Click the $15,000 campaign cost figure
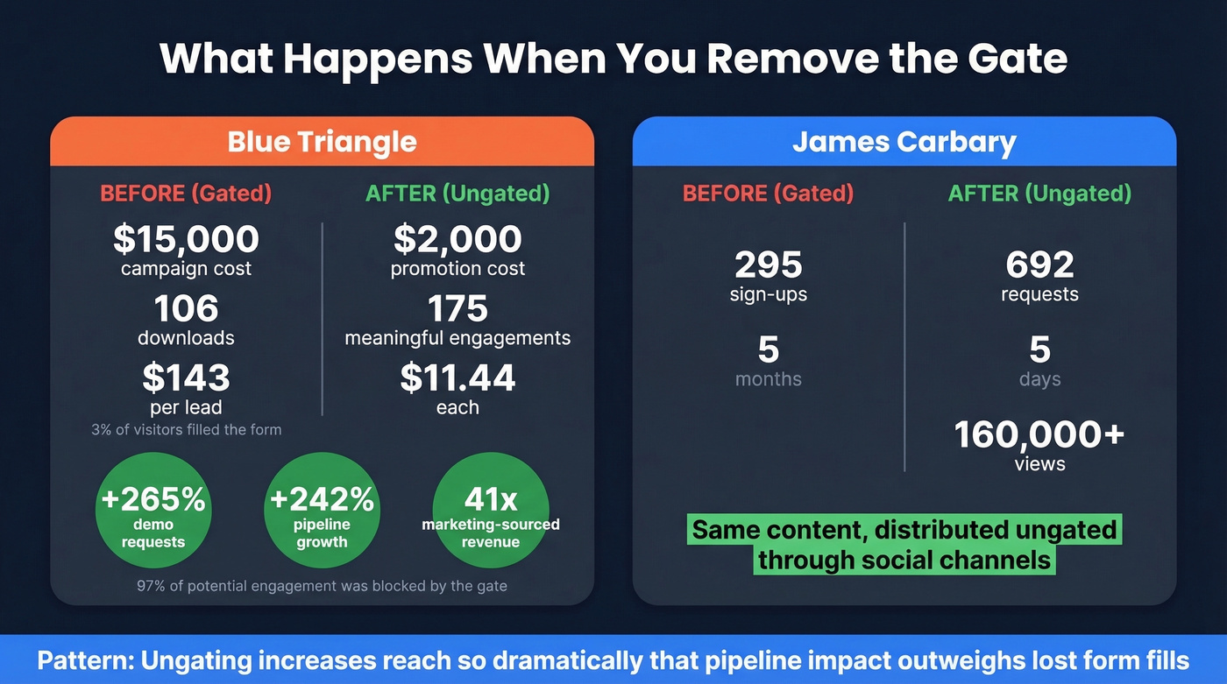pyautogui.click(x=186, y=239)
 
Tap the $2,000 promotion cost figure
pyautogui.click(x=457, y=239)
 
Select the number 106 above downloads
pyautogui.click(x=186, y=308)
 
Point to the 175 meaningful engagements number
pyautogui.click(x=457, y=308)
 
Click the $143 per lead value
pyautogui.click(x=186, y=377)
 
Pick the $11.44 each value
pyautogui.click(x=457, y=377)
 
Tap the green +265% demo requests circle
pyautogui.click(x=153, y=511)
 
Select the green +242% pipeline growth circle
pyautogui.click(x=322, y=511)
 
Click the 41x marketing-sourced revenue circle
pyautogui.click(x=491, y=511)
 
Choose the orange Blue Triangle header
pyautogui.click(x=322, y=142)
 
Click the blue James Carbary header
pyautogui.click(x=904, y=142)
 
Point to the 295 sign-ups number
pyautogui.click(x=768, y=264)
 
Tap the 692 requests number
pyautogui.click(x=1039, y=264)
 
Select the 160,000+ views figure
pyautogui.click(x=1039, y=435)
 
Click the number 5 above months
pyautogui.click(x=768, y=349)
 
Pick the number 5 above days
pyautogui.click(x=1039, y=349)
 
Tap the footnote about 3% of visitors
pyautogui.click(x=186, y=430)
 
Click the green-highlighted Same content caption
pyautogui.click(x=904, y=545)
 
